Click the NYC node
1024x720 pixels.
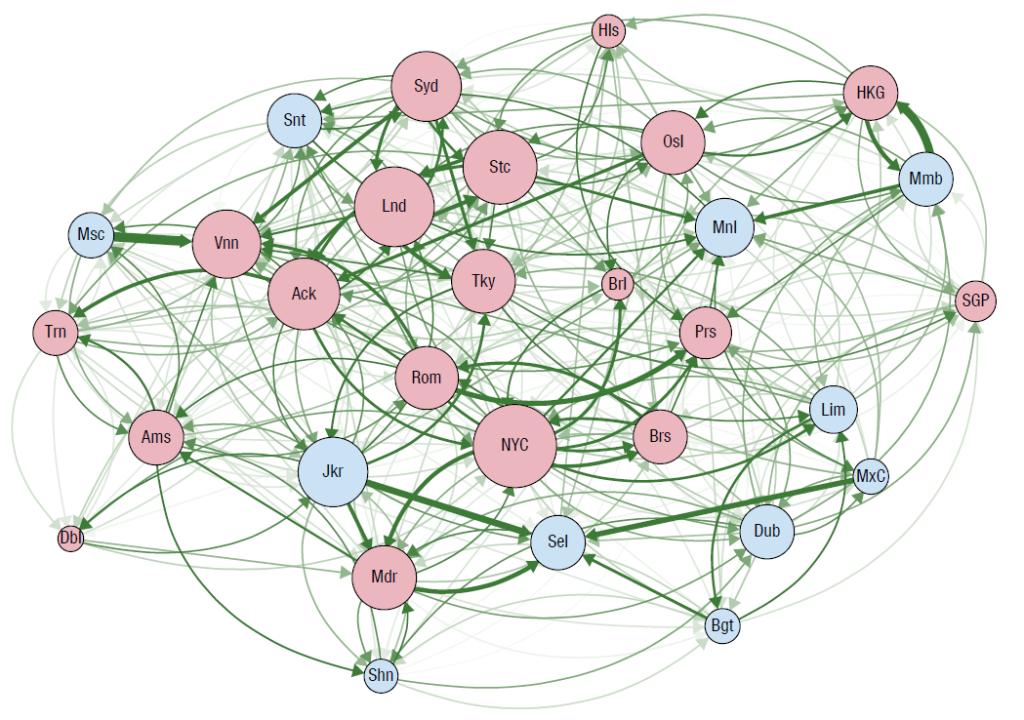(x=514, y=445)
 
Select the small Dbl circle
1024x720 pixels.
(x=70, y=538)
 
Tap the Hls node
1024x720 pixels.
(x=608, y=31)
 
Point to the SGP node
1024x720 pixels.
(x=975, y=300)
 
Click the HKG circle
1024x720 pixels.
(x=870, y=93)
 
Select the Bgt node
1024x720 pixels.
(x=722, y=626)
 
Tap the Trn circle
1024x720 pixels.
(x=56, y=333)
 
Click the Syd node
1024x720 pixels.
(x=426, y=86)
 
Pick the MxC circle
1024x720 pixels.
(x=871, y=477)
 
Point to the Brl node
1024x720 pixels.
(x=617, y=286)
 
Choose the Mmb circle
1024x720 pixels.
(x=925, y=179)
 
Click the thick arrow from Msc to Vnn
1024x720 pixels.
(x=153, y=238)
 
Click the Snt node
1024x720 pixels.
(x=295, y=121)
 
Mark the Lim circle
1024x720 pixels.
(x=833, y=410)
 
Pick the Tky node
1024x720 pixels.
(x=483, y=281)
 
